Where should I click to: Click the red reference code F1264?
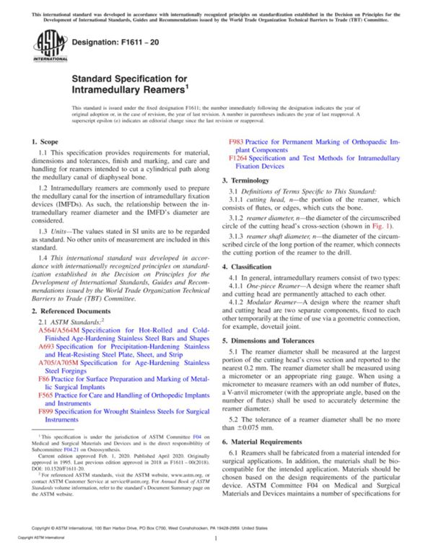(241, 158)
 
